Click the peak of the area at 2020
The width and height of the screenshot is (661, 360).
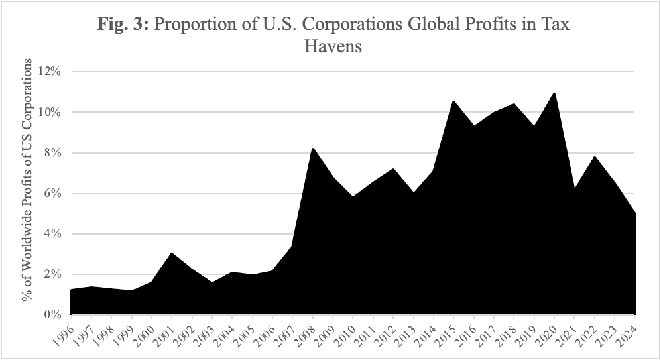pos(554,93)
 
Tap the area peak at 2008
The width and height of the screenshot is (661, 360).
pos(312,148)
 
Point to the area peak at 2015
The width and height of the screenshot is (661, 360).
pos(453,101)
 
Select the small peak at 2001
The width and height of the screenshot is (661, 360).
pos(171,253)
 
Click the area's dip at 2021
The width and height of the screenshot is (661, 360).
pos(575,188)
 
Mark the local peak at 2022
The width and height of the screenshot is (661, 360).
pos(595,156)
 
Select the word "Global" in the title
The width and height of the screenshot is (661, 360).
pos(421,25)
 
